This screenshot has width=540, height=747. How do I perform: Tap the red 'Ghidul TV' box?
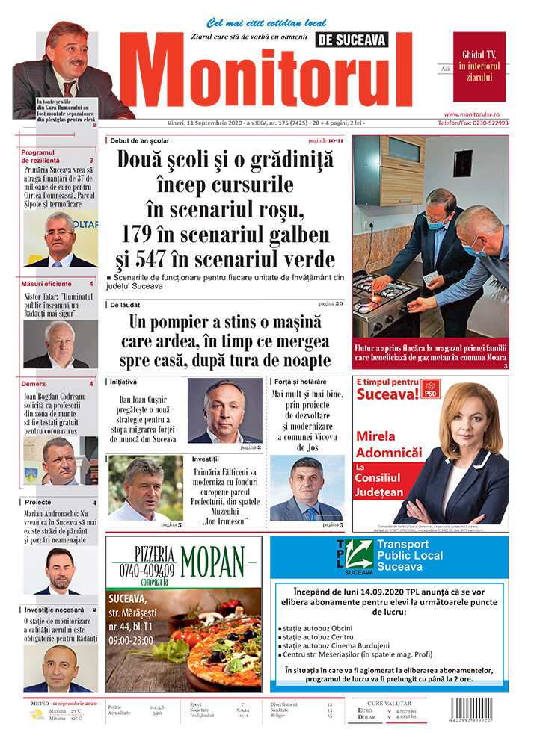pyautogui.click(x=479, y=66)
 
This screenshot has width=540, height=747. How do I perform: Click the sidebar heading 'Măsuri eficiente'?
pyautogui.click(x=46, y=284)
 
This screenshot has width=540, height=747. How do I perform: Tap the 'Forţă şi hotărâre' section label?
pyautogui.click(x=300, y=381)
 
